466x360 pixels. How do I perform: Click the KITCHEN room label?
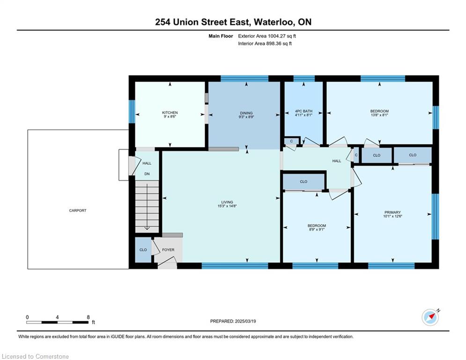(x=170, y=112)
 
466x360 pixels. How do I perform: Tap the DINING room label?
(x=246, y=113)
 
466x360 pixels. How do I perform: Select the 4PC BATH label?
(x=303, y=111)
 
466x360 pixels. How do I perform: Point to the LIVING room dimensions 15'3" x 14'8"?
(x=227, y=206)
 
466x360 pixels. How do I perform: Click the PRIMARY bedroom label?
(x=392, y=212)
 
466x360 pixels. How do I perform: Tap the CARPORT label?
(x=78, y=210)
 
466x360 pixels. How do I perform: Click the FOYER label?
(x=168, y=250)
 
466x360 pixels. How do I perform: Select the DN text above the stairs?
(x=147, y=174)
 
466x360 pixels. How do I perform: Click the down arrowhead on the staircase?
(x=147, y=228)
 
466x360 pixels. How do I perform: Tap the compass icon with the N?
(x=430, y=318)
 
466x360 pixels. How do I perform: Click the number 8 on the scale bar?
(x=88, y=317)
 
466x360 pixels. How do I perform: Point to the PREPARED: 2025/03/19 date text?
(x=233, y=321)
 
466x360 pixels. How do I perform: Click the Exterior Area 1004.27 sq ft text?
(x=267, y=36)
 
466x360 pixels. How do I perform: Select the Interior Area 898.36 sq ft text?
(x=265, y=44)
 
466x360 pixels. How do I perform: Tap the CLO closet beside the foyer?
(x=143, y=250)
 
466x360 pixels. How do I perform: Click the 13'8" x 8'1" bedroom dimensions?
(x=379, y=115)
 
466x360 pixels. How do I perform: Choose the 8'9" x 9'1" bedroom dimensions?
(x=317, y=229)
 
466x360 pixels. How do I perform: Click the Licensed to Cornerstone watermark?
(x=36, y=356)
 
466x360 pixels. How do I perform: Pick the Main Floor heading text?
(x=221, y=36)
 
